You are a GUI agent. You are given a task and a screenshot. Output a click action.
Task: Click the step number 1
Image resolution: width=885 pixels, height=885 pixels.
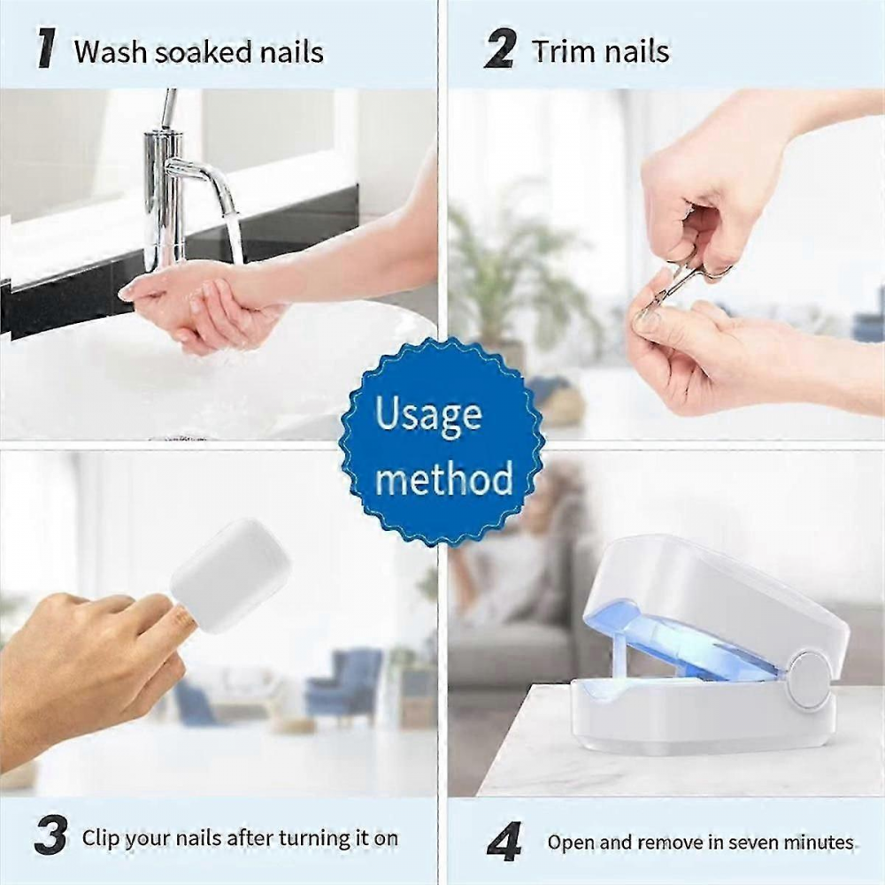click(47, 50)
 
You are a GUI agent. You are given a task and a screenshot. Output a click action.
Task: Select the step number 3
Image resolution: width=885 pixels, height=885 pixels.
click(50, 837)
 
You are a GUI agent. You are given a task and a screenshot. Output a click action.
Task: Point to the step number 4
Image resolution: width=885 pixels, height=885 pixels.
click(504, 842)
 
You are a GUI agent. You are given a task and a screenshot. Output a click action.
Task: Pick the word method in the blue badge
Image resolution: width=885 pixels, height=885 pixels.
click(443, 479)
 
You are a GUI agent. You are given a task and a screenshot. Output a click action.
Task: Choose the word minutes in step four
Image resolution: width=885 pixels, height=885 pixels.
click(809, 842)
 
